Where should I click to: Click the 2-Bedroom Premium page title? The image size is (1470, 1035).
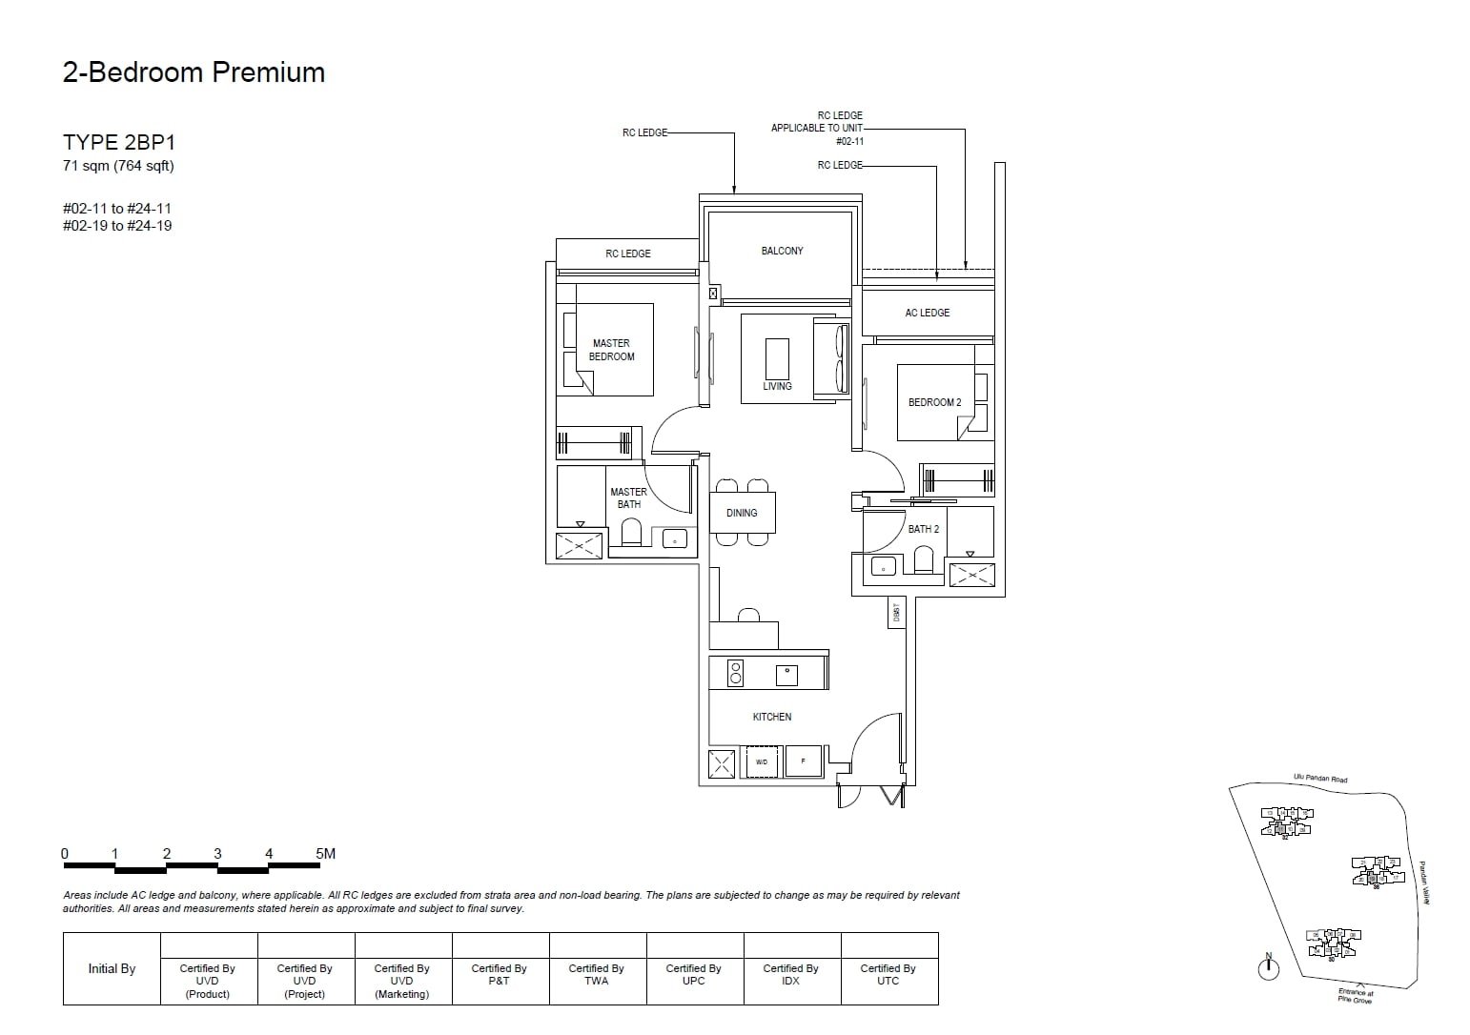coord(194,72)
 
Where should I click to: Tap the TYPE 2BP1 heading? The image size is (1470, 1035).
coord(119,143)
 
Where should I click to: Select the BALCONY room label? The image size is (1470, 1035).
coord(782,251)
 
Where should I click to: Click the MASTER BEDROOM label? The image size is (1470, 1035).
coord(611,350)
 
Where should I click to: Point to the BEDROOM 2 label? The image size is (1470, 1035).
coord(934,402)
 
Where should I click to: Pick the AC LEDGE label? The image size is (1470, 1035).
coord(927,313)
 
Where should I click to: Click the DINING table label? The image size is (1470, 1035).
coord(742,513)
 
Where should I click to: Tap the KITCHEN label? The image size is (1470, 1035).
coord(771,717)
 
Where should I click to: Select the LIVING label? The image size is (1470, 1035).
coord(777,386)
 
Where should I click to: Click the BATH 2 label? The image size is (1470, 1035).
coord(923,529)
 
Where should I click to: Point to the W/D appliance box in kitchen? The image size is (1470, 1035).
coord(762,762)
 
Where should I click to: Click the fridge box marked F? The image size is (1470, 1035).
coord(804,762)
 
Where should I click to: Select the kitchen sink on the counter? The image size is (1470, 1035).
coord(786,673)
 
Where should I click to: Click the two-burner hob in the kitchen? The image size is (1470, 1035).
coord(735,673)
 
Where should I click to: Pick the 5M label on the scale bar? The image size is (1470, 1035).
coord(325,854)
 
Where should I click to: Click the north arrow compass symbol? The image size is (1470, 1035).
coord(1268,968)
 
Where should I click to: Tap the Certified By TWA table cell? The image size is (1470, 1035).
coord(596,974)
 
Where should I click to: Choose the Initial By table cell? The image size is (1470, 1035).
coord(112,968)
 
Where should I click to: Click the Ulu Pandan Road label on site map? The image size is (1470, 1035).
coord(1320,779)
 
